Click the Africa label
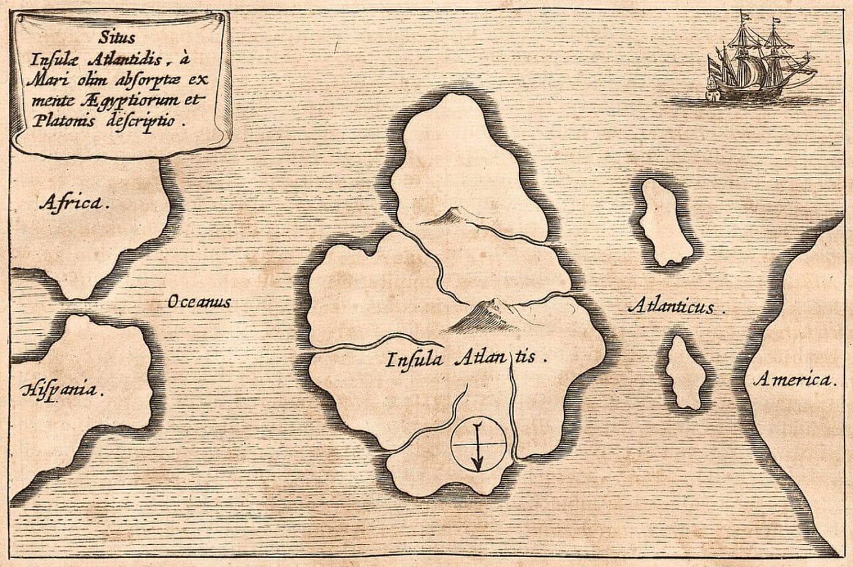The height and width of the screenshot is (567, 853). click(75, 203)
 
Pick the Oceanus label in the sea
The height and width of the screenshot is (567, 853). click(198, 301)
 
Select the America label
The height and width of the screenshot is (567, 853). click(793, 380)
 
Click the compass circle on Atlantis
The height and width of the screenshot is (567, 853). click(479, 444)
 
